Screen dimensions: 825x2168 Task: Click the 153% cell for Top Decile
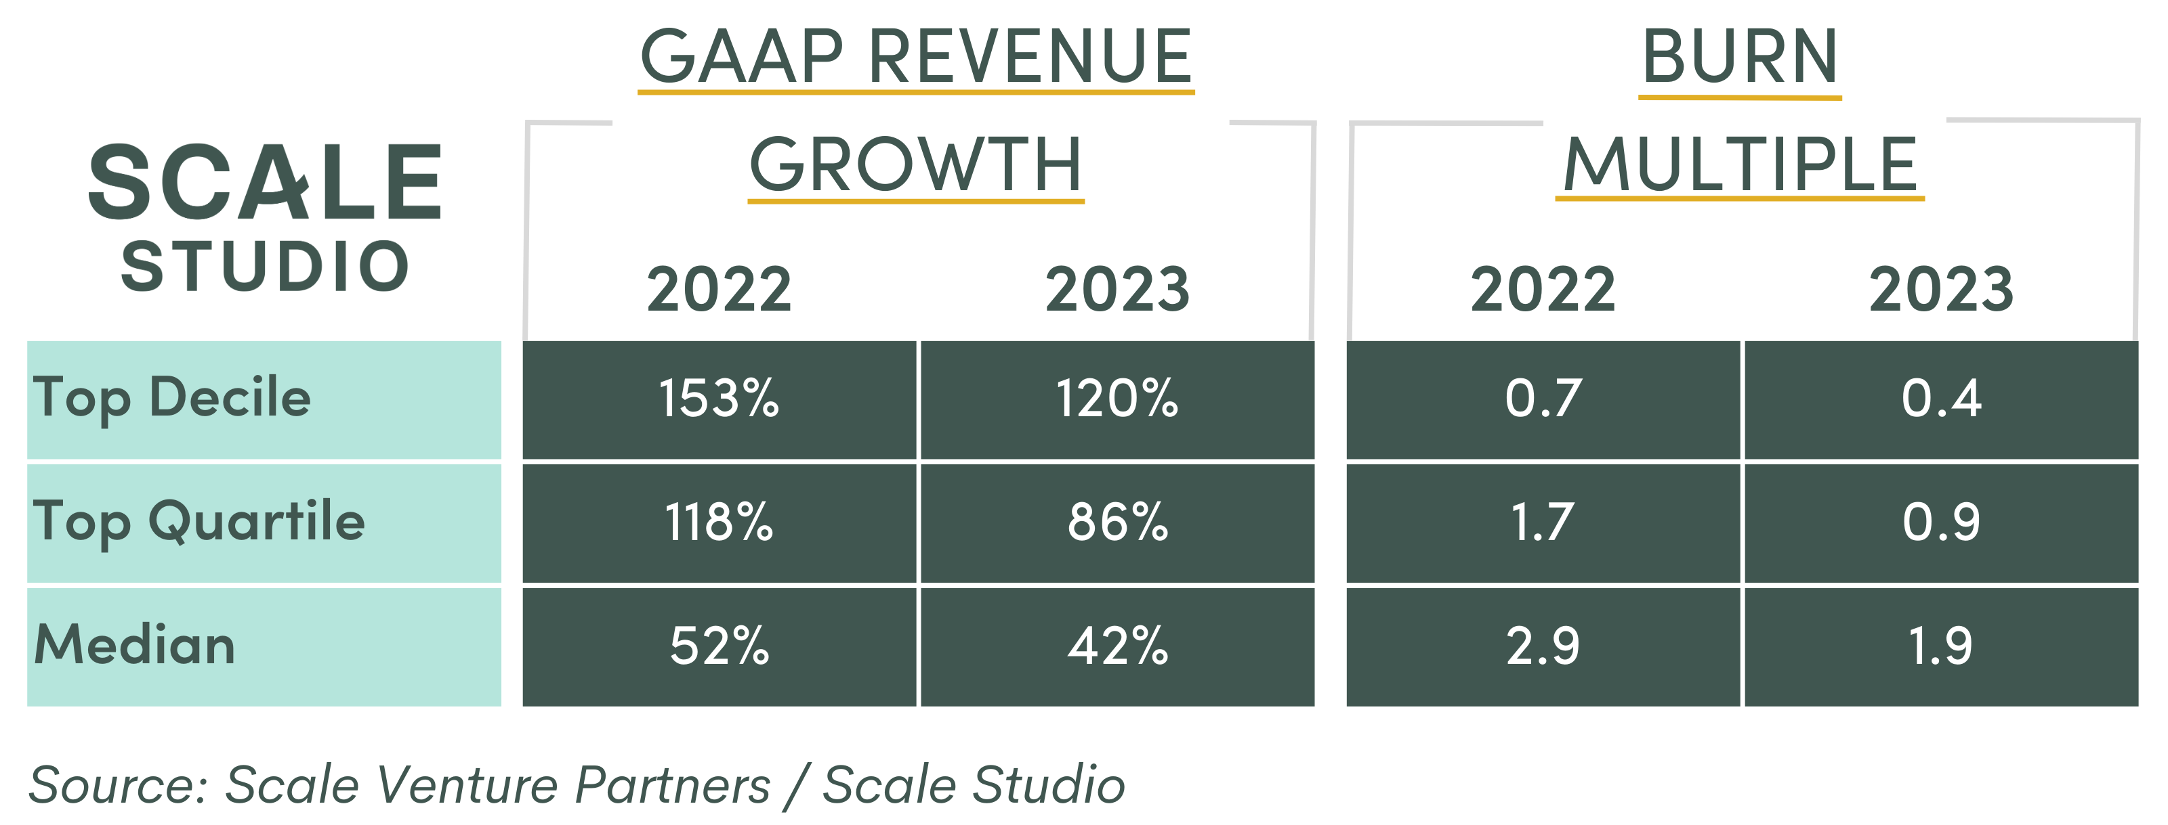click(x=719, y=399)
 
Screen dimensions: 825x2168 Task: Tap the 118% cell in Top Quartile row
click(x=719, y=522)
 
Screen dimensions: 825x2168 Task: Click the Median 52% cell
click(x=719, y=646)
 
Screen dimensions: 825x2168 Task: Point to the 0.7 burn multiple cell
click(x=1543, y=399)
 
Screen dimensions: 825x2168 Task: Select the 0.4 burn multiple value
click(x=1941, y=399)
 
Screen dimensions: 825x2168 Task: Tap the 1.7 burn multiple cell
click(x=1543, y=522)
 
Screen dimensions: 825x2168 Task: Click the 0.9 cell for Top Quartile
click(x=1941, y=522)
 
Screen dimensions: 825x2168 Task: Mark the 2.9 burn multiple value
click(x=1543, y=646)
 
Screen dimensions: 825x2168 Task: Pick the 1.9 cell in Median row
click(x=1941, y=646)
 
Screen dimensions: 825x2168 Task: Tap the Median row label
click(x=135, y=646)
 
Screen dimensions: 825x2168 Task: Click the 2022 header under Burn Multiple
click(x=1543, y=289)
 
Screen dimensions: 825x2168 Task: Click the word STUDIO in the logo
click(x=265, y=267)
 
